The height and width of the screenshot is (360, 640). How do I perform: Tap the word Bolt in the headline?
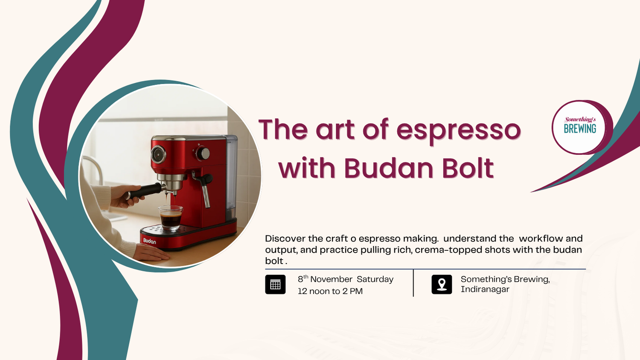[468, 168]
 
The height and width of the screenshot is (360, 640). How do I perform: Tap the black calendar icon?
[275, 284]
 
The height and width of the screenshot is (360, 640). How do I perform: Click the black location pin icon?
[442, 284]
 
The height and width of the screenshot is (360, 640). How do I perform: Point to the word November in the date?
[332, 279]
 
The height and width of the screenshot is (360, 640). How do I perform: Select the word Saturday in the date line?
[375, 279]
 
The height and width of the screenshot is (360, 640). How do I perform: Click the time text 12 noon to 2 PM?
[330, 291]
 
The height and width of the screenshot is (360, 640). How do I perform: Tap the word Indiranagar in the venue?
[485, 290]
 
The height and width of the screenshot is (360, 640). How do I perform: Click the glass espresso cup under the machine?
[171, 218]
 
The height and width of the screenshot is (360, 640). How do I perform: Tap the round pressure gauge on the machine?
[158, 154]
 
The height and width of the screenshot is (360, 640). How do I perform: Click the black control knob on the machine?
[203, 154]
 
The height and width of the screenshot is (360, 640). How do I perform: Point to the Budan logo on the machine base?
[149, 241]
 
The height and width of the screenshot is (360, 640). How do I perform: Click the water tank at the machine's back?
[232, 177]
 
